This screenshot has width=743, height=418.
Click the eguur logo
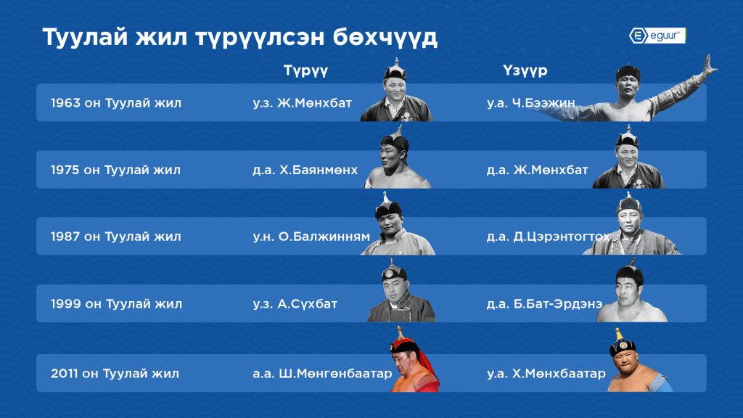point(657,36)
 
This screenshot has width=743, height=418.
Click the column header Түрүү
point(305,70)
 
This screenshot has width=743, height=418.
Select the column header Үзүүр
point(525,70)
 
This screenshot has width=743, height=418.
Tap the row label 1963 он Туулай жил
point(116,103)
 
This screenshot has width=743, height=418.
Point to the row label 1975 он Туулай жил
point(115,170)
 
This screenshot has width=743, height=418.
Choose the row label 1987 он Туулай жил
point(115,237)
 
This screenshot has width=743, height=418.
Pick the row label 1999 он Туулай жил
point(116,304)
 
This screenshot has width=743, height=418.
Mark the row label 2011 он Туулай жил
point(115,374)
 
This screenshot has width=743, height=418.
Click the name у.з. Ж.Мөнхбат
point(303,103)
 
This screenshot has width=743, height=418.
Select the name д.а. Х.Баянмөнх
point(305,170)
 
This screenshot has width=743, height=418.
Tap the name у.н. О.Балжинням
point(311,237)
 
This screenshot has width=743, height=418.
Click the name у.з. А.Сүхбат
point(295,304)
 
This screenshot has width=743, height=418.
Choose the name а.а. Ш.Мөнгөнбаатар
point(322,374)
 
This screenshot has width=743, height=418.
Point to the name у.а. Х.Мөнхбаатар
point(546,374)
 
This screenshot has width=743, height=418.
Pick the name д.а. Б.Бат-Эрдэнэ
point(544,304)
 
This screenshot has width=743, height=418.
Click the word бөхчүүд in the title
point(385,38)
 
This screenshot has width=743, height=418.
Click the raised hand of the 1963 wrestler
point(710,66)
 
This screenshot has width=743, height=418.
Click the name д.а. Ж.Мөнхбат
point(538,170)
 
